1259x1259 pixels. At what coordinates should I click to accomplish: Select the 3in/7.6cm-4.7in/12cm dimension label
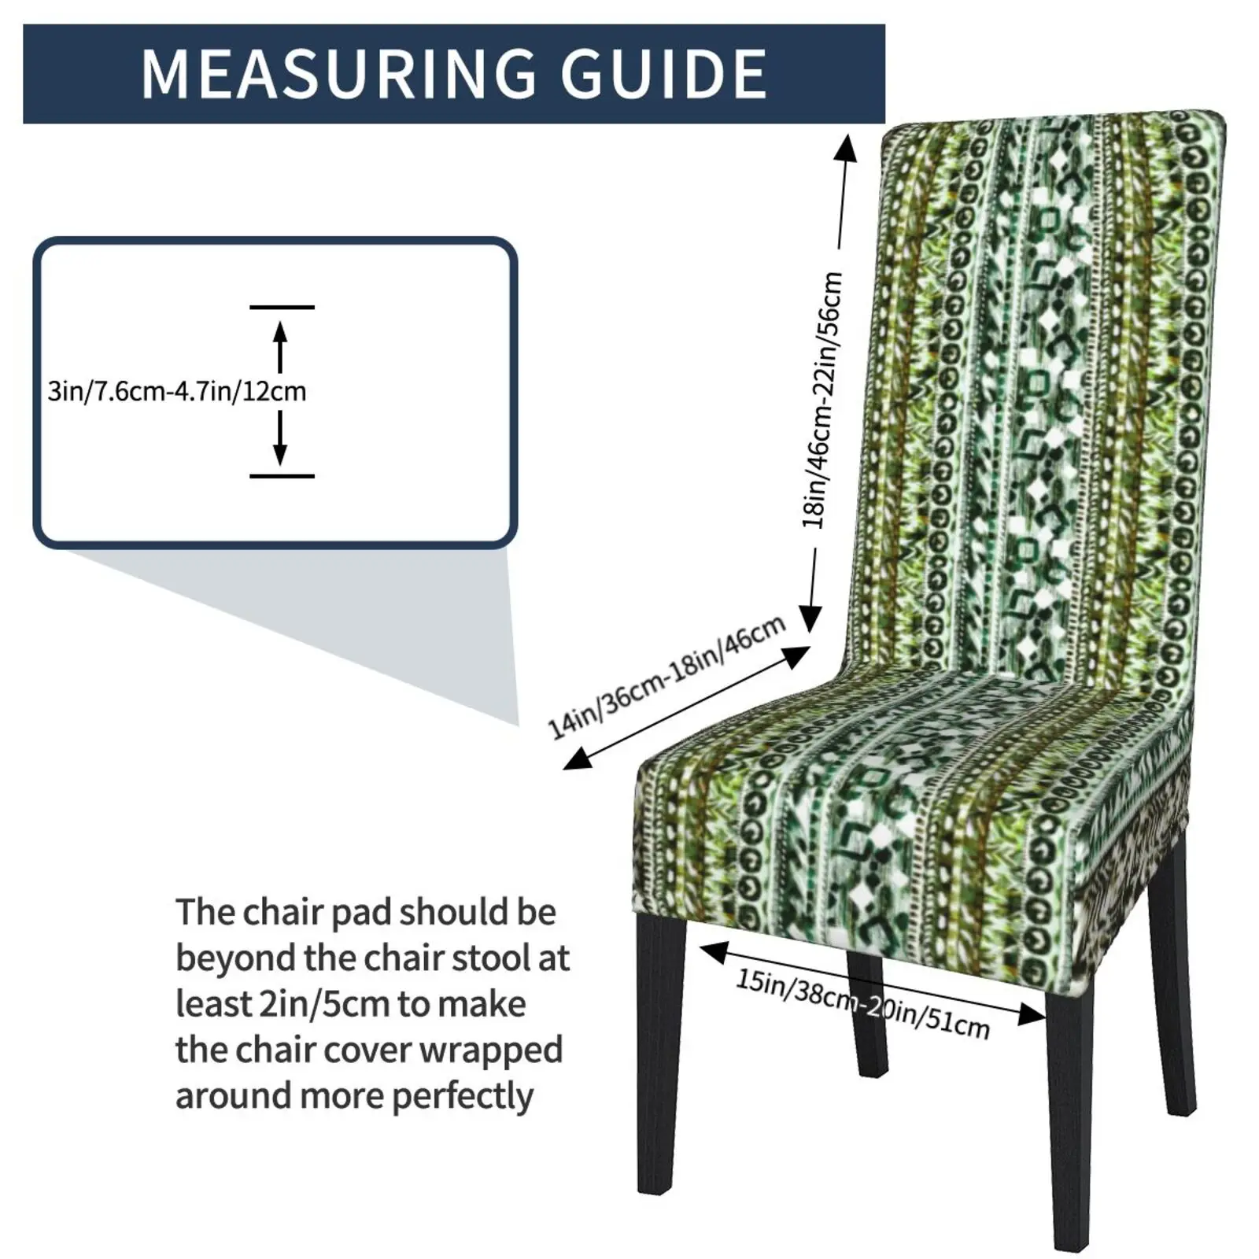click(x=176, y=391)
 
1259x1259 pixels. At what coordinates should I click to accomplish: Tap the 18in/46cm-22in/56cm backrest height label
click(x=823, y=400)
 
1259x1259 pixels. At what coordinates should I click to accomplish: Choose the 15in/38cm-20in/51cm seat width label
click(x=862, y=1003)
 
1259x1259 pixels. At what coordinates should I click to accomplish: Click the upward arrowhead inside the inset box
click(x=280, y=331)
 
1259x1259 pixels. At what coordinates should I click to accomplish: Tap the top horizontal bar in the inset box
click(x=282, y=307)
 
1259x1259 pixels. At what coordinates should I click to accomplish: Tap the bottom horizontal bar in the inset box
click(x=282, y=476)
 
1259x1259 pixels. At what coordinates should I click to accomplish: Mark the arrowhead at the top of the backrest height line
click(x=846, y=147)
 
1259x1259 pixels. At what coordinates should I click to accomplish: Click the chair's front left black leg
click(x=659, y=1054)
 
